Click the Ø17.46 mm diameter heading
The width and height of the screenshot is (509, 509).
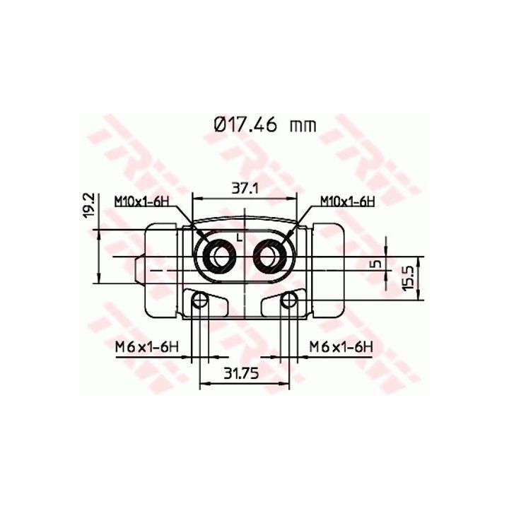point(265,125)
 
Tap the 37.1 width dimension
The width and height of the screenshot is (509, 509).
point(245,188)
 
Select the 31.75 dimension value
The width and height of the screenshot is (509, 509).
point(241,374)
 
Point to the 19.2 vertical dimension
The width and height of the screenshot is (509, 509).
point(88,205)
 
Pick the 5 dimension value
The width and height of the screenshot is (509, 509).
point(377,264)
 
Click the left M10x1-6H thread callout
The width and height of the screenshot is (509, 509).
point(142,201)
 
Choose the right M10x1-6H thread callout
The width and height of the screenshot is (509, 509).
point(347,201)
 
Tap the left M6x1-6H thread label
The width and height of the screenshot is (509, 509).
point(147,348)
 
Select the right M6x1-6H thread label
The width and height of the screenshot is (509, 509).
point(341,346)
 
